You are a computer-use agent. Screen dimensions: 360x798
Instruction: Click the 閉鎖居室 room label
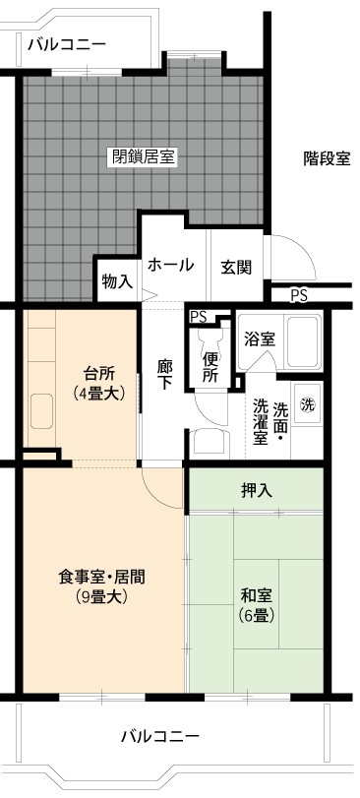point(144,156)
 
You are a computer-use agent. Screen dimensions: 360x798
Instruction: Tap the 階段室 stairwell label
point(327,159)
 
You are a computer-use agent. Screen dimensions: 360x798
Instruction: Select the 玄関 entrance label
point(236,268)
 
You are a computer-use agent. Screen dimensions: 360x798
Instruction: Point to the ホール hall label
point(171,265)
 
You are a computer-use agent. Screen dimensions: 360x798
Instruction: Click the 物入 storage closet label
point(117,281)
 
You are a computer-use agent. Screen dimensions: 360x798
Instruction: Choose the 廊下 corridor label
point(163,375)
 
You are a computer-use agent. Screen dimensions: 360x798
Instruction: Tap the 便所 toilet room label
point(210,367)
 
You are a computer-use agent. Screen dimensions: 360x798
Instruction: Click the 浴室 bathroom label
point(260,339)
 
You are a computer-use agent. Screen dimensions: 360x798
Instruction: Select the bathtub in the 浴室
point(304,341)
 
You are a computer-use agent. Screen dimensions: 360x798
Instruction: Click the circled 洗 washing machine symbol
point(307,404)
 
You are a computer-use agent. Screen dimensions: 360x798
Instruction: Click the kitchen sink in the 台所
point(41,411)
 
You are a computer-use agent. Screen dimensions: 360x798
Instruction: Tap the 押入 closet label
point(257,490)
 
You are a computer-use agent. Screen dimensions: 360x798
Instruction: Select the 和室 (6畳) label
point(257,605)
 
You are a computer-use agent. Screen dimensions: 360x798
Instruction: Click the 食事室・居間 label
point(101,586)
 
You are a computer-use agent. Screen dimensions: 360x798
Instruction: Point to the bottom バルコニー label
point(160,736)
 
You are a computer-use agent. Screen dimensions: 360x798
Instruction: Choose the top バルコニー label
point(67,45)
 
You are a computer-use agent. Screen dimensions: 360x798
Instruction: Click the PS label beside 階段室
point(299,296)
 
